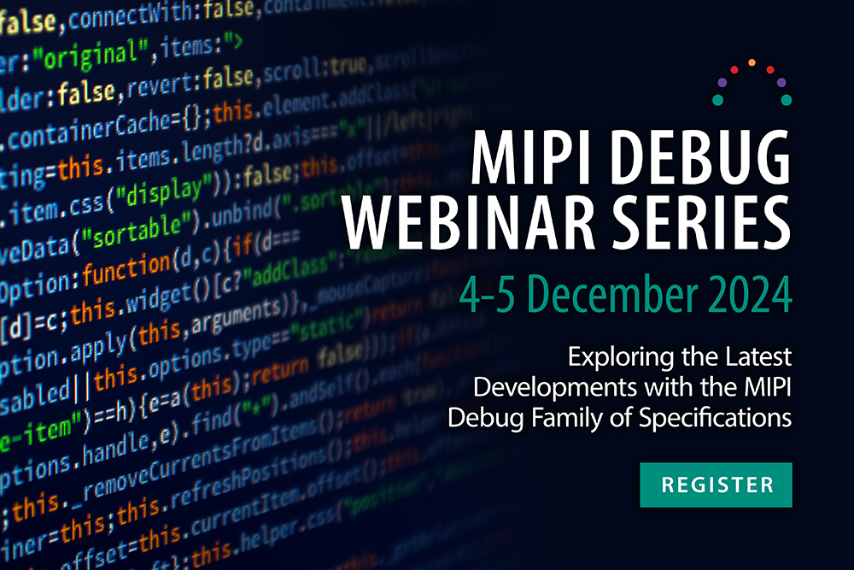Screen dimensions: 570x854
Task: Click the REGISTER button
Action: click(717, 485)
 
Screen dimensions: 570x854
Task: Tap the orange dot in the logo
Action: click(752, 62)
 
